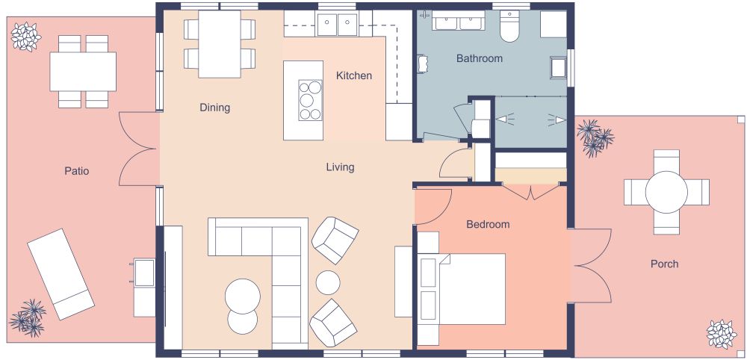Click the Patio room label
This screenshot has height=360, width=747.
tap(76, 171)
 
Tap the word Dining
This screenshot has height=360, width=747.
tap(214, 108)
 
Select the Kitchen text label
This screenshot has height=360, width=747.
tap(353, 75)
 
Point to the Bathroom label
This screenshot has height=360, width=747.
tap(479, 58)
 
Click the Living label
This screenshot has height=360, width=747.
tap(340, 167)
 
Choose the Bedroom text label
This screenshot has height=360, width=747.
tap(488, 224)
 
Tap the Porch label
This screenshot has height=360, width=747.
tap(664, 264)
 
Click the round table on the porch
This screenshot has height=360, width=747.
tap(666, 192)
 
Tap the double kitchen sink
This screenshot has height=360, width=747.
tap(338, 25)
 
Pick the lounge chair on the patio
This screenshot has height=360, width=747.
tap(61, 274)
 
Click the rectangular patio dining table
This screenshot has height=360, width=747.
tap(82, 71)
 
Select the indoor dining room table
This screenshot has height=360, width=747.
tap(219, 43)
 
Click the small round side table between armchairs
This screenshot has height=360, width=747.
tap(329, 282)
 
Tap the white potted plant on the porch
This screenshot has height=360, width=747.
tap(722, 333)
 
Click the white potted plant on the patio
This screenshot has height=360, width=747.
tap(26, 36)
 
